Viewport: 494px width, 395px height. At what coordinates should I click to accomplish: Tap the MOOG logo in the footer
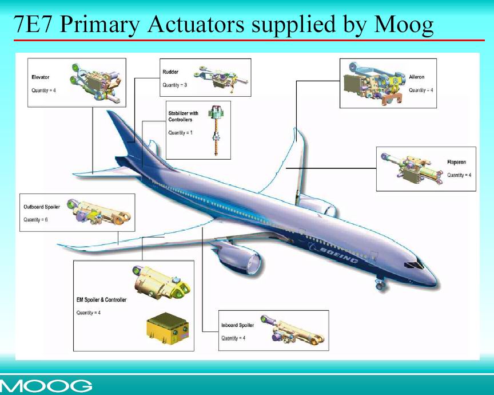click(46, 385)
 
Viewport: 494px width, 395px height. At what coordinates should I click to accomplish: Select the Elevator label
click(41, 77)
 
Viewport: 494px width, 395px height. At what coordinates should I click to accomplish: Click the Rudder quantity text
click(174, 85)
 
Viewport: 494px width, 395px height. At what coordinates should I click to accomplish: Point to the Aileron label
click(416, 77)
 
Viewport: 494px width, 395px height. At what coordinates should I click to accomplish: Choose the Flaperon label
click(456, 162)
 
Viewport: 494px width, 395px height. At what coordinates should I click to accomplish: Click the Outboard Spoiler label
click(42, 207)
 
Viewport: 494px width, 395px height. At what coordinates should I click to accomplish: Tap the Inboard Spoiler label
click(237, 325)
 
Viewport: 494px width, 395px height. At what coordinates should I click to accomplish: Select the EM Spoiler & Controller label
click(101, 300)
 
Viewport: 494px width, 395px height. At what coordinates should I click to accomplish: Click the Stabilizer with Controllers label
click(184, 116)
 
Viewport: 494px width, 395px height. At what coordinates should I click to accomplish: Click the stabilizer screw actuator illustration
click(216, 130)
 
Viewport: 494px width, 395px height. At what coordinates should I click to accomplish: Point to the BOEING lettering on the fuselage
click(339, 255)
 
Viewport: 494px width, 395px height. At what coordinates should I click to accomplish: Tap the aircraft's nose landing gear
click(380, 283)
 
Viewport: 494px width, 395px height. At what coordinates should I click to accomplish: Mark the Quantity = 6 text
click(35, 220)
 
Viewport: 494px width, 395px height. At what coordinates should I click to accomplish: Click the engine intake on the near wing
click(254, 264)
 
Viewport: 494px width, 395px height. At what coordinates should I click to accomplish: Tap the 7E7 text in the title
click(33, 25)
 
